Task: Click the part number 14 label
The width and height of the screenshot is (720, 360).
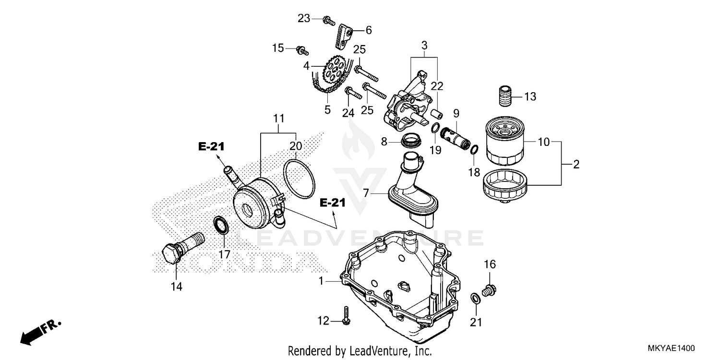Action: click(x=176, y=287)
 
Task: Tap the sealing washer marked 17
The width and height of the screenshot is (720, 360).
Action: click(x=220, y=225)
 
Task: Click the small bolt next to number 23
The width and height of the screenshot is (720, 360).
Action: click(x=329, y=20)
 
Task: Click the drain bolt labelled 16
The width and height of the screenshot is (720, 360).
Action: click(x=490, y=289)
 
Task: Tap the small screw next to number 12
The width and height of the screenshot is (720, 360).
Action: click(x=346, y=314)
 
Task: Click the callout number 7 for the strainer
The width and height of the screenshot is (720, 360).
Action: click(x=366, y=193)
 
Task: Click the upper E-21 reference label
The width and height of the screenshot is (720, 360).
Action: click(x=212, y=146)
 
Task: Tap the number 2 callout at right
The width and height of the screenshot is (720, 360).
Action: click(x=576, y=165)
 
